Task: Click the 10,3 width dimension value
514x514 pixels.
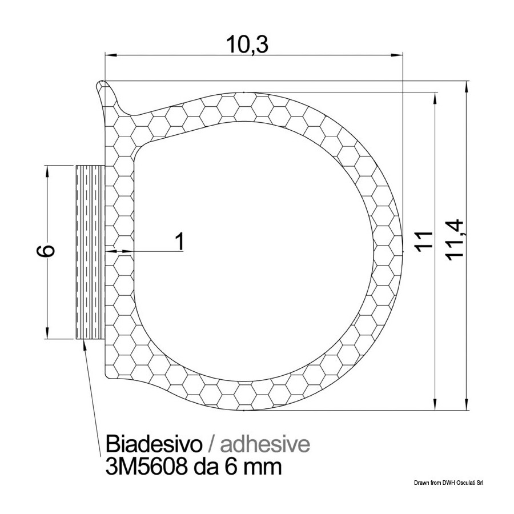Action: point(247,45)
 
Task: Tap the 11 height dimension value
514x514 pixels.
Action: point(424,242)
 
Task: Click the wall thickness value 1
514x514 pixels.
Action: point(180,241)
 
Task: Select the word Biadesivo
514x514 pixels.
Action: point(154,444)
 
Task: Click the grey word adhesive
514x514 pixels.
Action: point(265,444)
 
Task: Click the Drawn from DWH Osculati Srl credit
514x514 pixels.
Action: point(449,483)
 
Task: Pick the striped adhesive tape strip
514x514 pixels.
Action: point(90,252)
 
